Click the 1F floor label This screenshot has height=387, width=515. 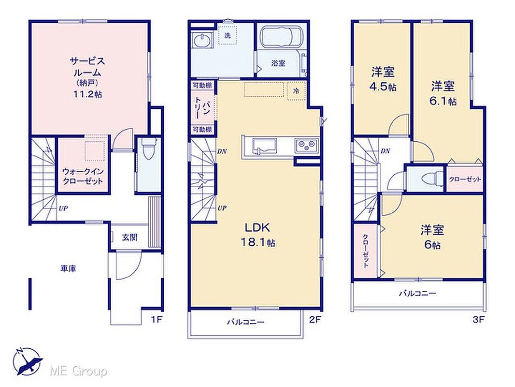[157, 319]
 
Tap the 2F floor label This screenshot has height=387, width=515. [315, 319]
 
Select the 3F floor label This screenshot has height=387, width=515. [479, 319]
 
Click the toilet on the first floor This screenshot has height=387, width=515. [148, 149]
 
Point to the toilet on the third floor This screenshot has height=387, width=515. [430, 179]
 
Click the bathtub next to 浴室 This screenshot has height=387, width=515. [282, 36]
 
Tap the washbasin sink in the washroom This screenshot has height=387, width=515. [201, 41]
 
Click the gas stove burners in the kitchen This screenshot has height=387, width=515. [306, 145]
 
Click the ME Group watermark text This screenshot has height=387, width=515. [78, 371]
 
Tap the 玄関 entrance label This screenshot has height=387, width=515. [130, 238]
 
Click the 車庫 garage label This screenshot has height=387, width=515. [68, 268]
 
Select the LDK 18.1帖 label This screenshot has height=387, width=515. [258, 235]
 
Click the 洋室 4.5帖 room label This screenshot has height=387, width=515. [383, 79]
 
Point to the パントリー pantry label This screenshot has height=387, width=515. [202, 107]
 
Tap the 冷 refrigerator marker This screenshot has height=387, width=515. [296, 91]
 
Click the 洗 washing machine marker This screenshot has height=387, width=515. [228, 36]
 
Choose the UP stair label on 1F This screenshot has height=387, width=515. [63, 208]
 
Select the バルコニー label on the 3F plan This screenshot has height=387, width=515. [417, 293]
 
